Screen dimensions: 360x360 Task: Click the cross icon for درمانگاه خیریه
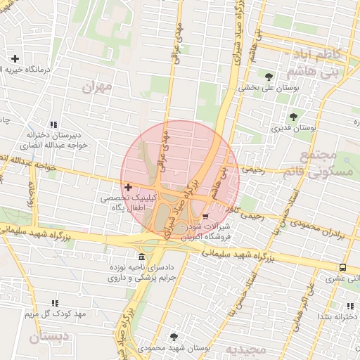[x=15, y=58]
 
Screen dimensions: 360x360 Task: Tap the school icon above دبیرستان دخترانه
[x=55, y=124]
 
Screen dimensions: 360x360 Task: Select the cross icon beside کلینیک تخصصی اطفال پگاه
[x=127, y=187]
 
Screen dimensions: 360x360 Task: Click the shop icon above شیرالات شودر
[x=205, y=217]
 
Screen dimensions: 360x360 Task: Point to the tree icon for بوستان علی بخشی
[x=269, y=77]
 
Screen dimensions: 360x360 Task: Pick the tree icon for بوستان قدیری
[x=293, y=117]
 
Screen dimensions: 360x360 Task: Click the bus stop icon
[x=342, y=267]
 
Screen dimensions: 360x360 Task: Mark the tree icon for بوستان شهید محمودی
[x=174, y=337]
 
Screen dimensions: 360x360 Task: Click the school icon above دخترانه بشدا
[x=349, y=305]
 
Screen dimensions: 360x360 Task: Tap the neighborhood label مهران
[x=97, y=88]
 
